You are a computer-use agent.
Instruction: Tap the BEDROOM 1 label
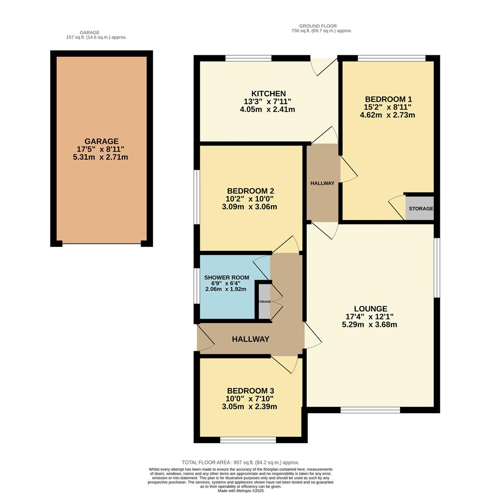pos(388,99)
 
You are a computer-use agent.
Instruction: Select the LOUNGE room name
pos(370,309)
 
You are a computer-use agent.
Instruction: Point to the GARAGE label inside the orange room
pos(101,142)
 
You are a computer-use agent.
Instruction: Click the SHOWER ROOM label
pos(226,278)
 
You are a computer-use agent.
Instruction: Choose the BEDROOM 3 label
pos(250,391)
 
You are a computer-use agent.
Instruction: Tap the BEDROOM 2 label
pos(250,191)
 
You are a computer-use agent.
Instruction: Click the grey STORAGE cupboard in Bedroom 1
pos(420,209)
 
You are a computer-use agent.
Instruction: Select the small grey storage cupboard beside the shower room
pos(264,302)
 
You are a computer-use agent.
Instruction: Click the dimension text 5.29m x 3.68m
pos(370,325)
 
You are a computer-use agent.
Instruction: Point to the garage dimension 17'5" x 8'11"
pos(100,149)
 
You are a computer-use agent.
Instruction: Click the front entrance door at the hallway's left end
pos(205,338)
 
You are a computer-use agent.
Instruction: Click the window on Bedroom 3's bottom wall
pos(248,440)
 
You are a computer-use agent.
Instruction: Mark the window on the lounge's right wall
pos(437,267)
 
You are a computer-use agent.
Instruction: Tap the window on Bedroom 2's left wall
pos(197,197)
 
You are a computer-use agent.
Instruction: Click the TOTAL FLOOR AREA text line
pos(240,462)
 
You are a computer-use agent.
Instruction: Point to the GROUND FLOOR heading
pos(318,26)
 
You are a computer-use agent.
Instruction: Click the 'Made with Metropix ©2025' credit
pos(240,491)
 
